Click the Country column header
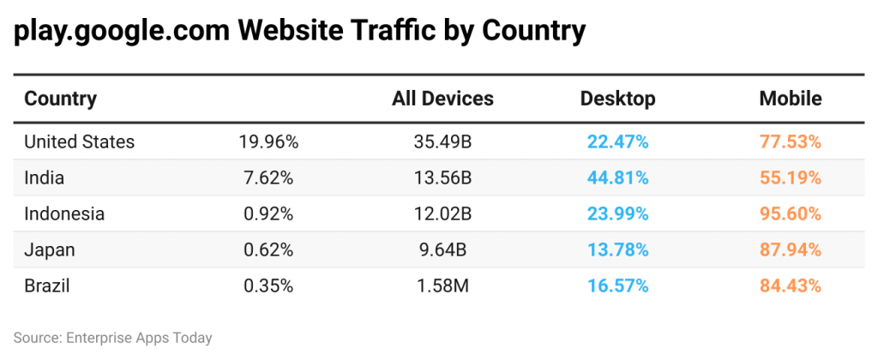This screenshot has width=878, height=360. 60,99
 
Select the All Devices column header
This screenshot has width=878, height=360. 442,99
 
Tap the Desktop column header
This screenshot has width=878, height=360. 617,99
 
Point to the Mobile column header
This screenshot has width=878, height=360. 790,99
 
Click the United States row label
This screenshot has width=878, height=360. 79,141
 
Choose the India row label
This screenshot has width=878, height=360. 45,178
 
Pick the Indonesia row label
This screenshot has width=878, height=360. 64,214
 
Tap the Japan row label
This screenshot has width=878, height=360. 50,250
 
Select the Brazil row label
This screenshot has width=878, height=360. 47,286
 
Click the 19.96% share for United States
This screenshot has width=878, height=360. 268,141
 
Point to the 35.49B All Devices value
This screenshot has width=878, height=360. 442,141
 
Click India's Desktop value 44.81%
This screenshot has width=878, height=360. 617,178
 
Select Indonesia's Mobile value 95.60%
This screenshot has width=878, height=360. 790,214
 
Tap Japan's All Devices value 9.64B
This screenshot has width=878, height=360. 442,250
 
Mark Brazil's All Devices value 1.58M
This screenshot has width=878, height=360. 442,286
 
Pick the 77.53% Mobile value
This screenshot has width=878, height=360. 790,141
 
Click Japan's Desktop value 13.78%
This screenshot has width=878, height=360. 617,250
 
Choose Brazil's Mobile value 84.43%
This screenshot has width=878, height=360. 790,286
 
